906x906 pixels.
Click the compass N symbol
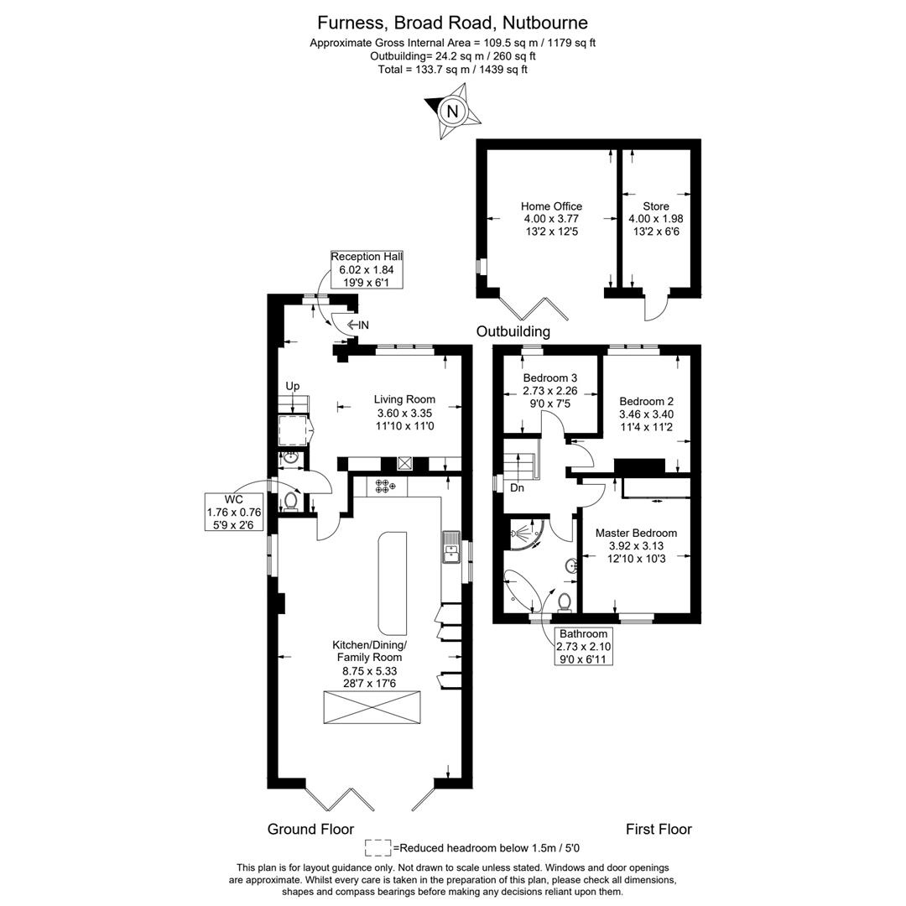coord(453,112)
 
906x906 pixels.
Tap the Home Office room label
coord(551,206)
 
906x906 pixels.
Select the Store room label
coord(656,206)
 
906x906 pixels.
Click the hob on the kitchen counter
coord(385,486)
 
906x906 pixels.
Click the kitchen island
coord(392,582)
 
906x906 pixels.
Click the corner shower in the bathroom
coord(525,534)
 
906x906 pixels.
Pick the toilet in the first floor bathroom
coord(565,601)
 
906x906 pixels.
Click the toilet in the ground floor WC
coord(290,500)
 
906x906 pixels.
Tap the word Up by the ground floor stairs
coord(292,386)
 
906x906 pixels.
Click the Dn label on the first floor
coord(517,487)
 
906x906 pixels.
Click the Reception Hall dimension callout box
coord(367,269)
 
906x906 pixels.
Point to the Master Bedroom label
coord(636,533)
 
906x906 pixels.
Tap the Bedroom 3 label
coord(549,378)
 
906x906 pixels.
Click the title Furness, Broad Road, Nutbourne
coord(452,23)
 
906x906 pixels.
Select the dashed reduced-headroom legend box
coord(378,847)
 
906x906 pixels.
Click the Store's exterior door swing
coord(656,309)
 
